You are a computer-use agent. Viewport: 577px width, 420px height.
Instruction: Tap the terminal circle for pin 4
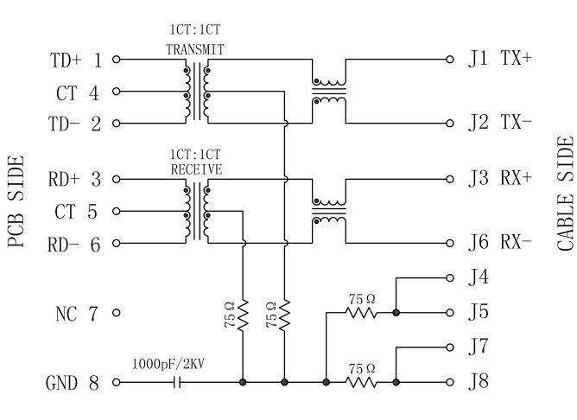(x=116, y=92)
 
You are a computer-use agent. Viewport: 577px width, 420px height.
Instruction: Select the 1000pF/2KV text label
(x=168, y=364)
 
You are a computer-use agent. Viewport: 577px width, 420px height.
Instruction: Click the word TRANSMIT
(x=195, y=50)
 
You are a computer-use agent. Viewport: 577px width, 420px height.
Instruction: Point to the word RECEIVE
(x=196, y=169)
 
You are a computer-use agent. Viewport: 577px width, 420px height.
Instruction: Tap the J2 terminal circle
(x=449, y=123)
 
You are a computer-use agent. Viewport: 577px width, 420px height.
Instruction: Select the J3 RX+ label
(x=501, y=179)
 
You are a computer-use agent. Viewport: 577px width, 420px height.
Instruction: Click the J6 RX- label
(x=501, y=242)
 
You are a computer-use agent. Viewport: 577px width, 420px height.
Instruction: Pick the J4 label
(x=479, y=278)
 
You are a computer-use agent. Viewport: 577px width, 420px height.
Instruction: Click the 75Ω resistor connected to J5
(x=362, y=311)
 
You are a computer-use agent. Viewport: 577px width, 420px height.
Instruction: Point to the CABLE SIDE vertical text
(x=565, y=194)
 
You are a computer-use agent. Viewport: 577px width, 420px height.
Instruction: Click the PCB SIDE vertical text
(x=15, y=201)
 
